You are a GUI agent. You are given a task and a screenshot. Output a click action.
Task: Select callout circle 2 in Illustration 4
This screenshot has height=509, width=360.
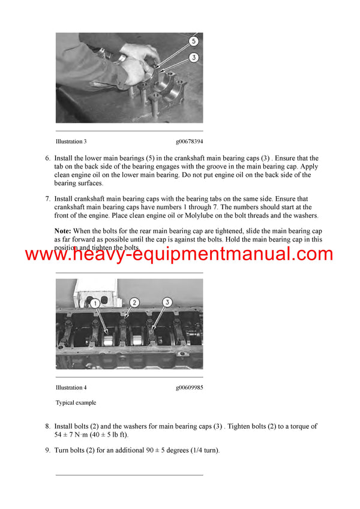click(134, 303)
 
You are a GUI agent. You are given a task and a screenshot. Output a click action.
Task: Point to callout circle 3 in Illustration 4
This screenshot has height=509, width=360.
click(168, 302)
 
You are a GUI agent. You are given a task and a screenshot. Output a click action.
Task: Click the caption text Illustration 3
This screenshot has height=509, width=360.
click(71, 141)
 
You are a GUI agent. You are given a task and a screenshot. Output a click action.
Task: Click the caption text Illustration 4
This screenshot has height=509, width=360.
click(71, 387)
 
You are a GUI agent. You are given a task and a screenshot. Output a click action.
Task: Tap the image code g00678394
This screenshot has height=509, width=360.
click(189, 141)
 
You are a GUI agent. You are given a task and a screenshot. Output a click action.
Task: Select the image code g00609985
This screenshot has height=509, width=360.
click(189, 387)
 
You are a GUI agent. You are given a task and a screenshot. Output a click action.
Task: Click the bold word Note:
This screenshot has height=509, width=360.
click(63, 231)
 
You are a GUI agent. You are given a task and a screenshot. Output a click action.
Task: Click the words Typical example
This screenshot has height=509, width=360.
click(76, 403)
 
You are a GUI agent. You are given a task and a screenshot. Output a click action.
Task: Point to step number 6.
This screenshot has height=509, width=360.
click(47, 158)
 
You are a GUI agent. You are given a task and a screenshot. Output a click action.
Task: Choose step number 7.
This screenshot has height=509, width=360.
click(47, 198)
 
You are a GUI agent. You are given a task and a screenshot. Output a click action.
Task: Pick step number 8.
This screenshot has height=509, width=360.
click(47, 426)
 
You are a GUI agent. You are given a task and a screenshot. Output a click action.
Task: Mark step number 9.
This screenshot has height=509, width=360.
click(47, 450)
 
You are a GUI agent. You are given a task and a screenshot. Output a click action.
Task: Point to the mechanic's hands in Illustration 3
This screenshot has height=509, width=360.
click(137, 62)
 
